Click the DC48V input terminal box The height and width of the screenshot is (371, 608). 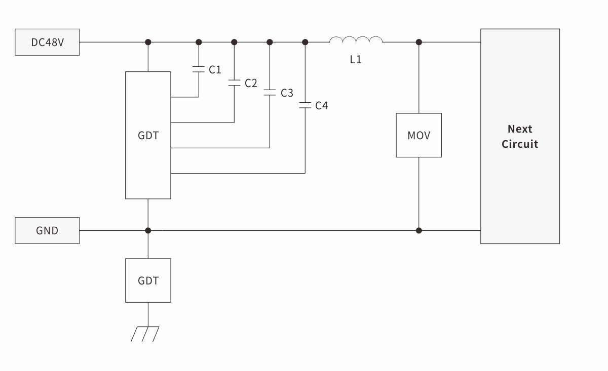click(47, 42)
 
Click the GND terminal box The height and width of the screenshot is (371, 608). click(47, 231)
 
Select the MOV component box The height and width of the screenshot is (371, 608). click(419, 135)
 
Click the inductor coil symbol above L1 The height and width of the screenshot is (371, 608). click(356, 40)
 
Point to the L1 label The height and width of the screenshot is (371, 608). click(356, 60)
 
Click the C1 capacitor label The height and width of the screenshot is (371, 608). click(215, 70)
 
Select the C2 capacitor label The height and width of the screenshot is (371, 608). click(251, 83)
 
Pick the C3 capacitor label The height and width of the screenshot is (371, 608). click(287, 93)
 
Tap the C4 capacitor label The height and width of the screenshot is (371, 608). click(322, 106)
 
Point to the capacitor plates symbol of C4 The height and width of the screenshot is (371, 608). click(305, 106)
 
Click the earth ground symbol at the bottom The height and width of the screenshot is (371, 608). click(145, 334)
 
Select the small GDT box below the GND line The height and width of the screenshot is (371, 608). click(148, 280)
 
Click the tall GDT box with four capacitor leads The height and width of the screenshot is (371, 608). click(148, 135)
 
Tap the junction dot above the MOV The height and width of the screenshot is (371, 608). click(419, 42)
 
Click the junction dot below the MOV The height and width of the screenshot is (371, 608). click(419, 231)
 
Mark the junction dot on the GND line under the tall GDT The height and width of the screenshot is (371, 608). click(148, 231)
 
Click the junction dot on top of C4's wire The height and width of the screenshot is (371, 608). click(305, 42)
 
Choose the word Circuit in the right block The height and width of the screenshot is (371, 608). click(520, 144)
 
